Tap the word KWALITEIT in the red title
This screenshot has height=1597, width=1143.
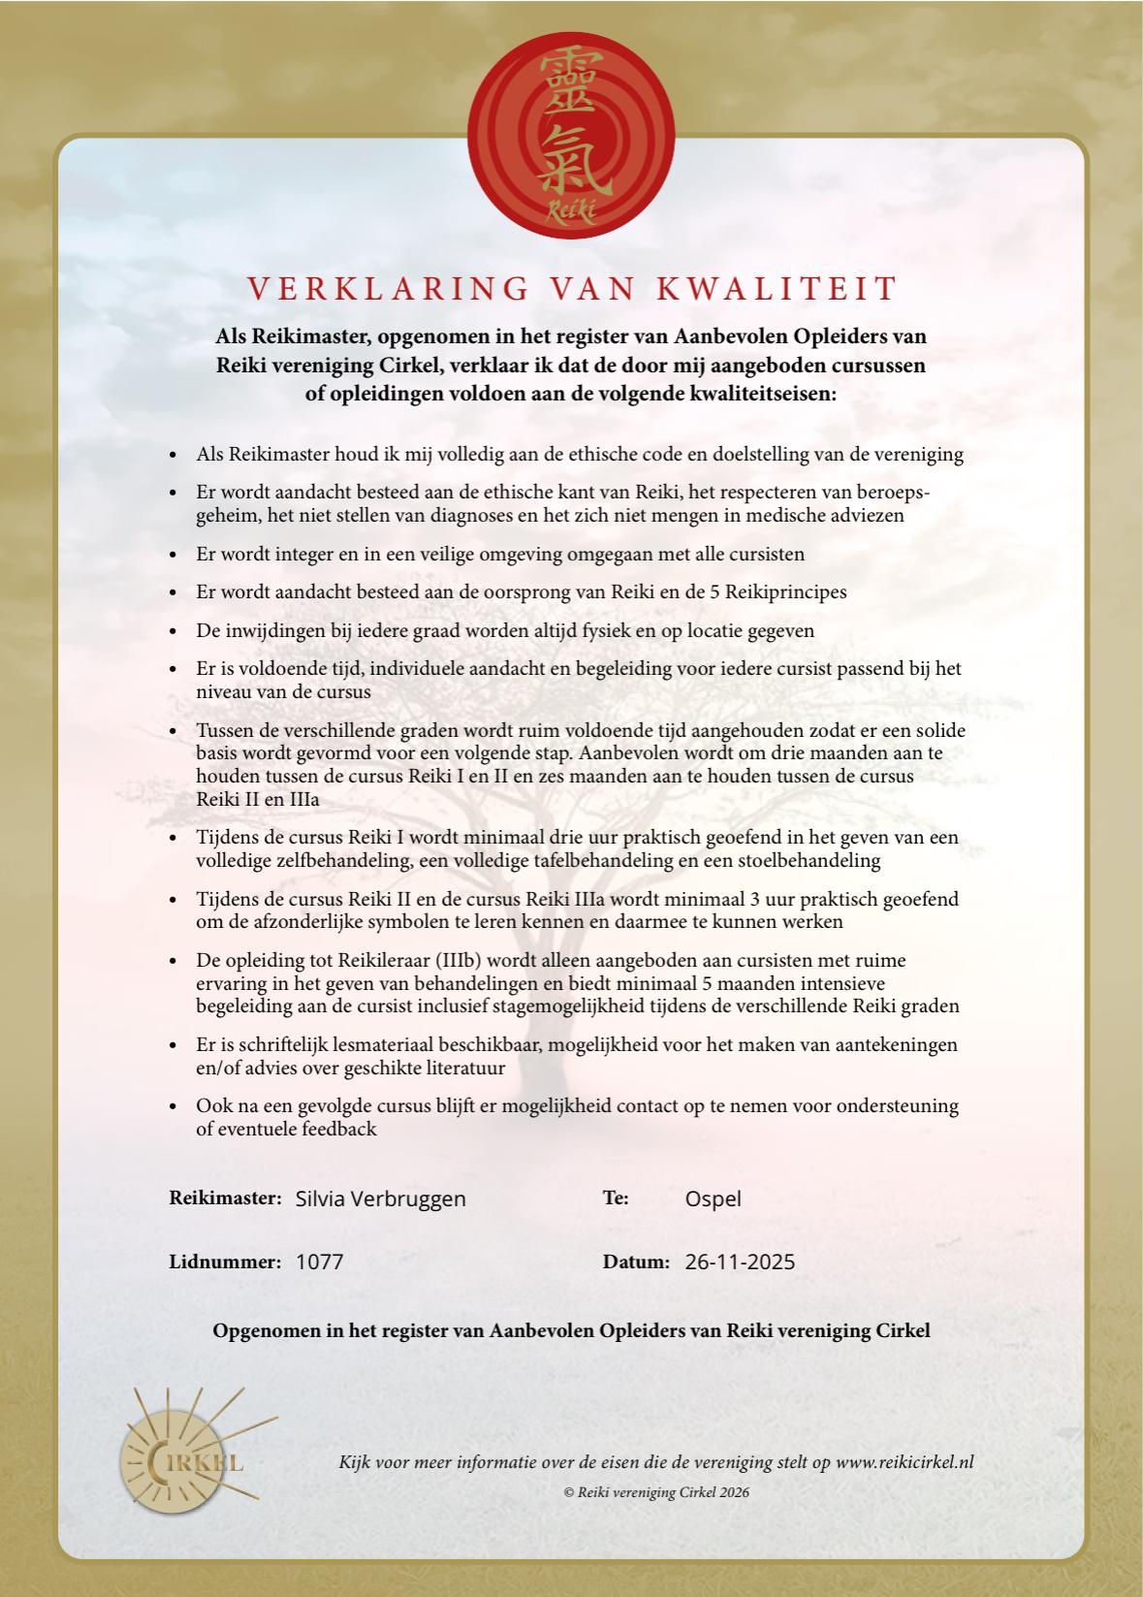pos(778,288)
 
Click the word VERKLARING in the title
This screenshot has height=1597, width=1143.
pos(387,288)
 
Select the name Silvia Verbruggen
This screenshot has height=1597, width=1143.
pos(380,1198)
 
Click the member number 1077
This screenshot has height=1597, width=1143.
pos(319,1262)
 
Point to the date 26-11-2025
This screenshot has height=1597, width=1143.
pos(740,1262)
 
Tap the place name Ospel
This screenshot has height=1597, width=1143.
pos(713,1198)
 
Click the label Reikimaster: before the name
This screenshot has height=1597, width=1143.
pos(225,1198)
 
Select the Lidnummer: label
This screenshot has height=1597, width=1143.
pos(225,1262)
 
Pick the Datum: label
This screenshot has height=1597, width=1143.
pos(636,1262)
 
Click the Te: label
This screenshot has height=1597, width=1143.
pos(616,1198)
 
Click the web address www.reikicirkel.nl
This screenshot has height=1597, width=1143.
pos(904,1462)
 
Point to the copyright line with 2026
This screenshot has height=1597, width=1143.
pos(656,1492)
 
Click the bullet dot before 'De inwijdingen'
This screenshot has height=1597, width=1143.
pos(173,631)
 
